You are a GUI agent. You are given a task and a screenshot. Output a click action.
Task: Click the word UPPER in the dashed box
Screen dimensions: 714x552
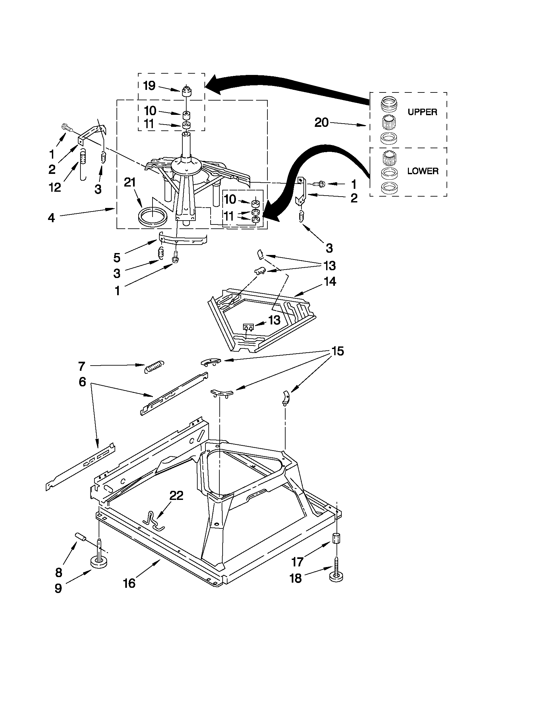(422, 112)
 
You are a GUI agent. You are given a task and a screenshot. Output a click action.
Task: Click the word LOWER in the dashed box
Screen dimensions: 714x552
(423, 171)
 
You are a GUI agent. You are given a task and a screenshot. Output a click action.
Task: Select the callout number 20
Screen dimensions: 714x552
(322, 123)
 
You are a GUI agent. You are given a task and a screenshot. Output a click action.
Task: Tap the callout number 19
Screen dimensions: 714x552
(149, 86)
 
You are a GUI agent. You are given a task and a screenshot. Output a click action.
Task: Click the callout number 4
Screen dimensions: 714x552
(51, 218)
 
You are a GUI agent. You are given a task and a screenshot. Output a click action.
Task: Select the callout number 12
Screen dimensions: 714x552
(55, 187)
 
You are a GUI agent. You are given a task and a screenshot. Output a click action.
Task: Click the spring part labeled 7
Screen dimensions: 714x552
(154, 367)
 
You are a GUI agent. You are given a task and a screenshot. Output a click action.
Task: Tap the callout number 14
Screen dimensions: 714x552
(330, 281)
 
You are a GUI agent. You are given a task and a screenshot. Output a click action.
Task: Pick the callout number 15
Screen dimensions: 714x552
(337, 351)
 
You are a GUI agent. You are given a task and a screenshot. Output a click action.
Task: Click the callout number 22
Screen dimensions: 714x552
(176, 496)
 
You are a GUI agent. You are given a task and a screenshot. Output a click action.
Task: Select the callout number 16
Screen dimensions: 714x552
(129, 583)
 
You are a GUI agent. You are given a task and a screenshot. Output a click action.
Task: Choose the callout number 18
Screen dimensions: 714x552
(296, 578)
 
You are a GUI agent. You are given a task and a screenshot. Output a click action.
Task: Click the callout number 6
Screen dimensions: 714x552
(82, 381)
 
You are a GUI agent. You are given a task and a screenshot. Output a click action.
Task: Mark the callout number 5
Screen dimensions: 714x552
(117, 258)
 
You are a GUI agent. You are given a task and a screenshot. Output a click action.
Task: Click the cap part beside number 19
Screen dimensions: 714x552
(186, 91)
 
